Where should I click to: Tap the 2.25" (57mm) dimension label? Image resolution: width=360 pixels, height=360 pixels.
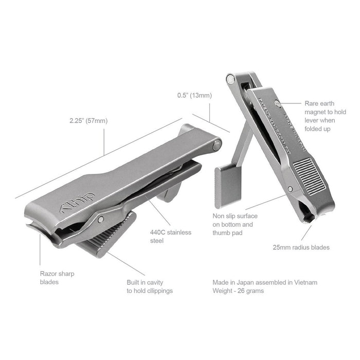pyautogui.click(x=88, y=121)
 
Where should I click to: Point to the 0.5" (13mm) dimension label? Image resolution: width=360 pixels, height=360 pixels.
pyautogui.click(x=194, y=95)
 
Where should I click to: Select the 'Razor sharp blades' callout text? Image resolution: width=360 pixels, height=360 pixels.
pyautogui.click(x=57, y=278)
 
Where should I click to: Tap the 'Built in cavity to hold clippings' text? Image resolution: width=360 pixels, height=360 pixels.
pyautogui.click(x=149, y=286)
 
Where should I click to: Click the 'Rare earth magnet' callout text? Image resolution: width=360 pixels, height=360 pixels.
pyautogui.click(x=320, y=116)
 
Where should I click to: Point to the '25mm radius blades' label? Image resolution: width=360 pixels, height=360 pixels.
pyautogui.click(x=301, y=247)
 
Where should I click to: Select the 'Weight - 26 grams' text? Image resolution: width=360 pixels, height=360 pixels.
pyautogui.click(x=239, y=291)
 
